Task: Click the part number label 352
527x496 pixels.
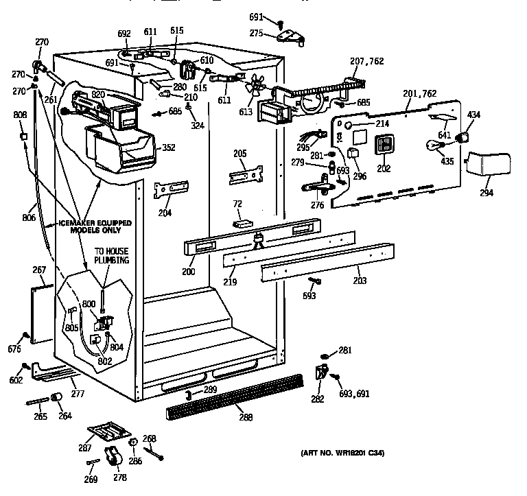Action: (167, 147)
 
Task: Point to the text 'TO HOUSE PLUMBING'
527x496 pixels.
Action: (111, 255)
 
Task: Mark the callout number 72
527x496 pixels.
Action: (237, 204)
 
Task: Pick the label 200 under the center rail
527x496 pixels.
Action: (189, 272)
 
